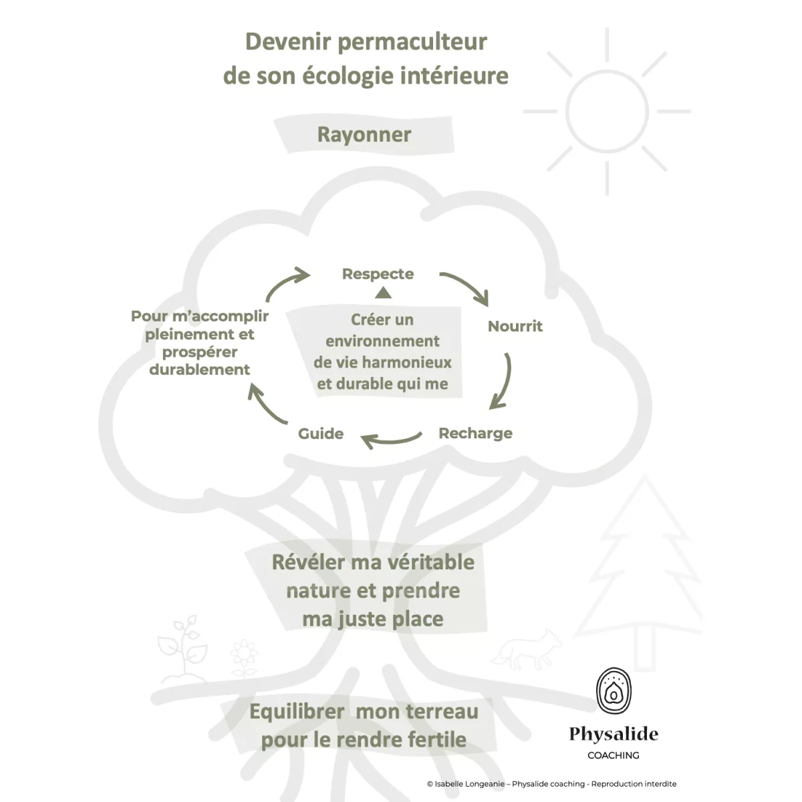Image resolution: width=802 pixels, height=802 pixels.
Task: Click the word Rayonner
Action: (x=364, y=134)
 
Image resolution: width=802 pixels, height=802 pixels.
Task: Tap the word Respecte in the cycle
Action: (x=378, y=274)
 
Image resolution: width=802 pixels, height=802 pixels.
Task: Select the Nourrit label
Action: (x=515, y=327)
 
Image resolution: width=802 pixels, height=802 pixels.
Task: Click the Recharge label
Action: (x=475, y=433)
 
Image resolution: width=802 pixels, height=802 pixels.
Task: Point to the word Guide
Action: (x=321, y=434)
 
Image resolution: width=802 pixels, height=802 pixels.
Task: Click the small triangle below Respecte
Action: (x=383, y=292)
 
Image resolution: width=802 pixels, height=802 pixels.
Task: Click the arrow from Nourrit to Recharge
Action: (x=502, y=381)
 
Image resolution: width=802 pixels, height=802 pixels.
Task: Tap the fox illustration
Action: (x=527, y=648)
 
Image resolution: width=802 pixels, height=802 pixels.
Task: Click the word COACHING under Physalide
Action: (x=613, y=755)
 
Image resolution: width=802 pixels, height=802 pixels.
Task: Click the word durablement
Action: (x=200, y=370)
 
